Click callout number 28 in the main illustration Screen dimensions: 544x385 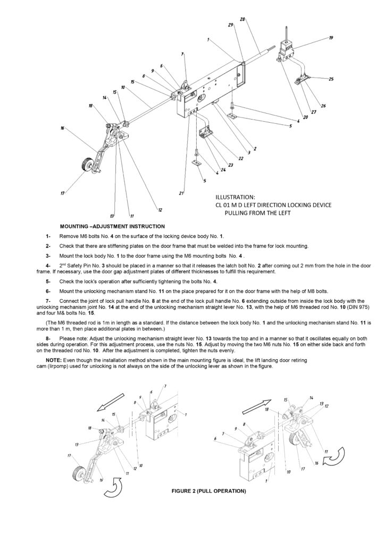pyautogui.click(x=242, y=20)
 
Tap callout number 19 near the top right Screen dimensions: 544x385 pyautogui.click(x=331, y=38)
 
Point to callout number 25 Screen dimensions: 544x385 pyautogui.click(x=331, y=79)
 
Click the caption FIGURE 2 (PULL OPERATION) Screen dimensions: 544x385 pyautogui.click(x=208, y=491)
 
